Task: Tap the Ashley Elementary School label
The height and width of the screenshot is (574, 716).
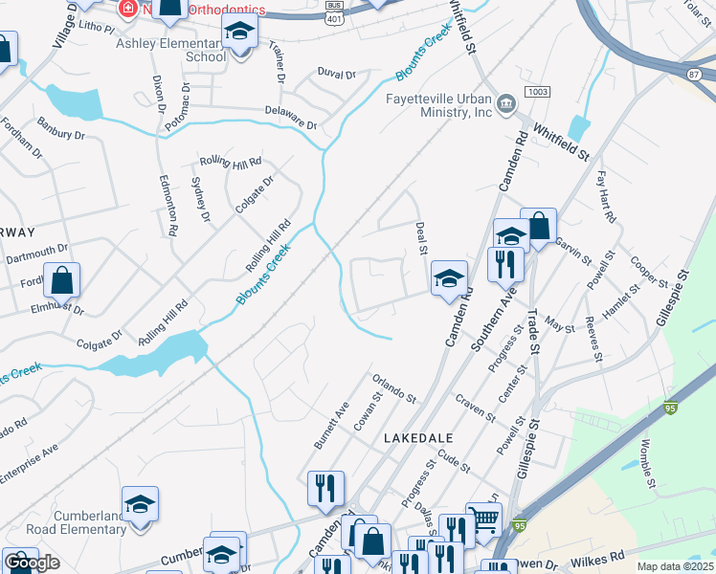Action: (170, 50)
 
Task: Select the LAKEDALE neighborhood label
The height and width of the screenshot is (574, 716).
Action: (417, 436)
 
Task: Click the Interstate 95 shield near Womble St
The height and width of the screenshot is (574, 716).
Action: (672, 408)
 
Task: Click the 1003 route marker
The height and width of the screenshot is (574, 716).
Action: (537, 92)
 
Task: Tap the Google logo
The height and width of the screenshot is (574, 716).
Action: (32, 563)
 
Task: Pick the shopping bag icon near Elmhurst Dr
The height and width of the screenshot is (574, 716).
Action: (61, 280)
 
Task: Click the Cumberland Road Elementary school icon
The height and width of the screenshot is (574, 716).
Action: (140, 503)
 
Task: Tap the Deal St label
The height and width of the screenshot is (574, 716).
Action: (421, 238)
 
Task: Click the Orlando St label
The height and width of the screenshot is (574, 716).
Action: (395, 389)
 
